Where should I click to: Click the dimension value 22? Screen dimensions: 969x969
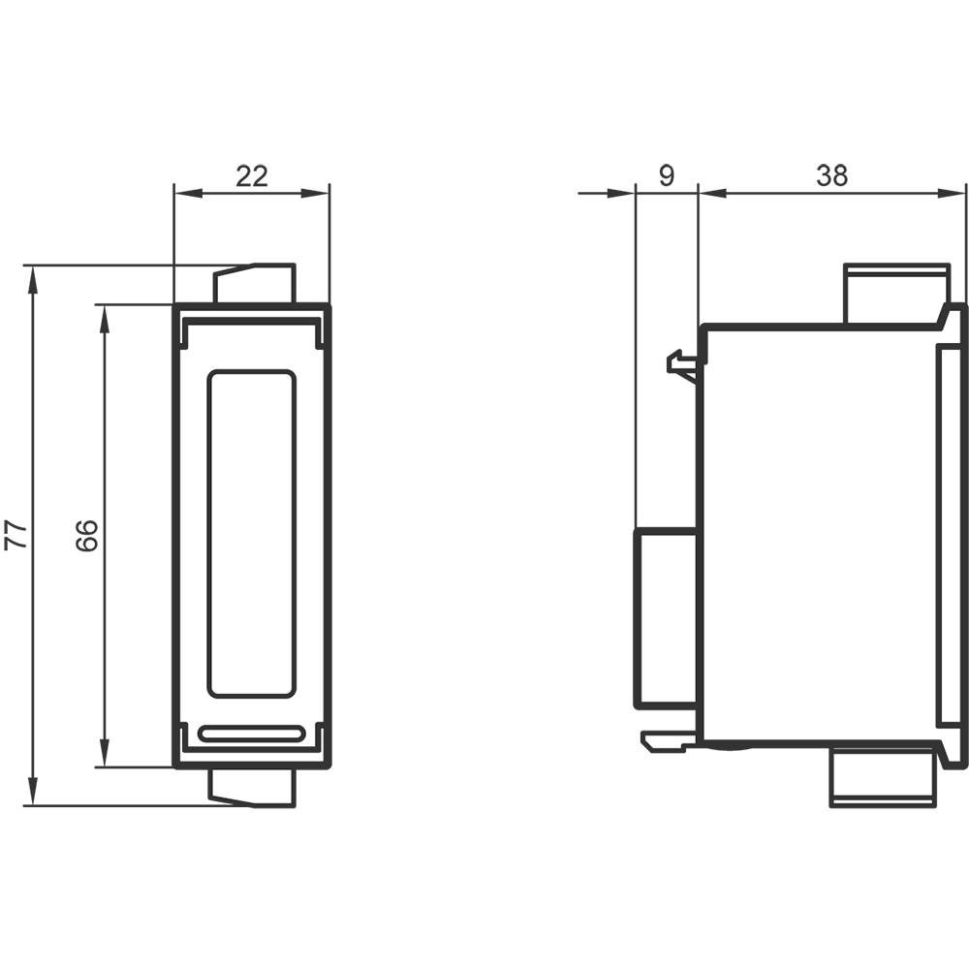pyautogui.click(x=252, y=176)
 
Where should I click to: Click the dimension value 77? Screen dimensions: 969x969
pyautogui.click(x=16, y=535)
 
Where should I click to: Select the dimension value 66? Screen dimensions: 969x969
pyautogui.click(x=87, y=535)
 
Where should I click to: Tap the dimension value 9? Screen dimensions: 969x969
pyautogui.click(x=667, y=175)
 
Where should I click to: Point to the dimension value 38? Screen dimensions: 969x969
pyautogui.click(x=831, y=175)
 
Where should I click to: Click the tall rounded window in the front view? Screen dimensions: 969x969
pyautogui.click(x=252, y=534)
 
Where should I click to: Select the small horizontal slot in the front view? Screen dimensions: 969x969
pyautogui.click(x=252, y=734)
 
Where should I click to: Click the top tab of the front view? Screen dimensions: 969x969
pyautogui.click(x=254, y=283)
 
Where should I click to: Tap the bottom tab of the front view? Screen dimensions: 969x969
pyautogui.click(x=252, y=787)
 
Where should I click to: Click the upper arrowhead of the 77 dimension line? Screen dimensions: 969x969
pyautogui.click(x=33, y=279)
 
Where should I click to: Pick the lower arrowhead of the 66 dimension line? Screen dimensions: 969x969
pyautogui.click(x=105, y=753)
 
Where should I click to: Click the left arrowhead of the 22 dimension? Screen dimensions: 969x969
pyautogui.click(x=188, y=194)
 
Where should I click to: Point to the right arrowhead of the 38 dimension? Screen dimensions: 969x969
pyautogui.click(x=952, y=194)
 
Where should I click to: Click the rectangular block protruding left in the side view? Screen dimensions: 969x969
pyautogui.click(x=667, y=617)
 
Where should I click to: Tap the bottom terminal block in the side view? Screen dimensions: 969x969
pyautogui.click(x=883, y=776)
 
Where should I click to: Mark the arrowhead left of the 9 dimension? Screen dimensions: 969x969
pyautogui.click(x=621, y=194)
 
